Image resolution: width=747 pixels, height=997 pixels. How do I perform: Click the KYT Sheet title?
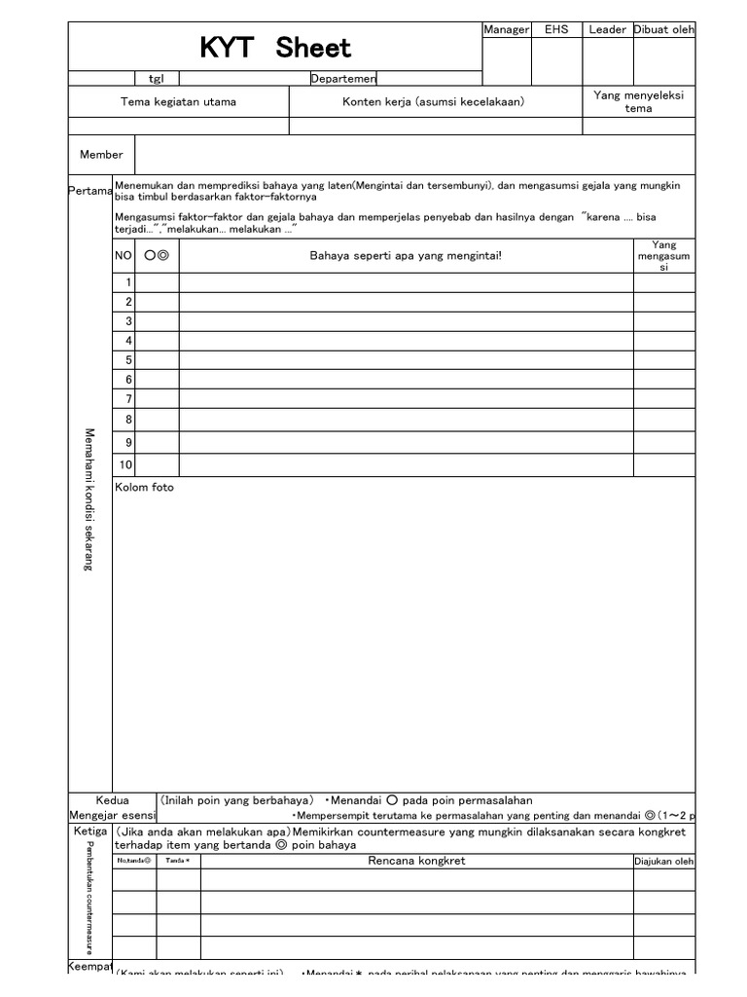275,48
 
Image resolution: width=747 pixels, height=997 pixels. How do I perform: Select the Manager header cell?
506,30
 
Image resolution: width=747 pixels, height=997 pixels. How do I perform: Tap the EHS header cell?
556,30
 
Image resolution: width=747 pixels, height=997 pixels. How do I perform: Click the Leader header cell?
608,30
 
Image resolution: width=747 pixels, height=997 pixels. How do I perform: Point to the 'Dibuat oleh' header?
664,30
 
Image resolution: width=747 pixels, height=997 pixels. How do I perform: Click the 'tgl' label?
157,79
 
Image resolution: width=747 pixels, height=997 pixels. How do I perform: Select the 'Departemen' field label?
343,79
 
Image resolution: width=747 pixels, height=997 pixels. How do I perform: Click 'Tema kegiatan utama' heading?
178,101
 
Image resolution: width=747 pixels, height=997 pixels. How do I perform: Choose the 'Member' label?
101,155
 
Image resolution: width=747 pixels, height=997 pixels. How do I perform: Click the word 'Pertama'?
90,191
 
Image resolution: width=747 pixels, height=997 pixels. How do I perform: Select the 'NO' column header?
124,256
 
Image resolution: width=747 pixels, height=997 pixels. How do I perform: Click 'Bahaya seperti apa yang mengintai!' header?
406,256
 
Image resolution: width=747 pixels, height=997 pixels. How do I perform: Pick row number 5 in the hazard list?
127,360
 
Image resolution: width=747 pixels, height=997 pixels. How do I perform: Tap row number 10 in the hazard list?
125,465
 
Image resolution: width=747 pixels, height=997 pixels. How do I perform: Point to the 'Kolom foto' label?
145,487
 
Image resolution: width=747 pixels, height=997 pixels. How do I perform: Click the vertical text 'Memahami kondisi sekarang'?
89,499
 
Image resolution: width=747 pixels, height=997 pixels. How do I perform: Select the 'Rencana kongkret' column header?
416,860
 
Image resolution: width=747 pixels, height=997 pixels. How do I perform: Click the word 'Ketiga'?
90,831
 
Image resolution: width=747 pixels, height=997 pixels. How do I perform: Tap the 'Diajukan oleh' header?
664,861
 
